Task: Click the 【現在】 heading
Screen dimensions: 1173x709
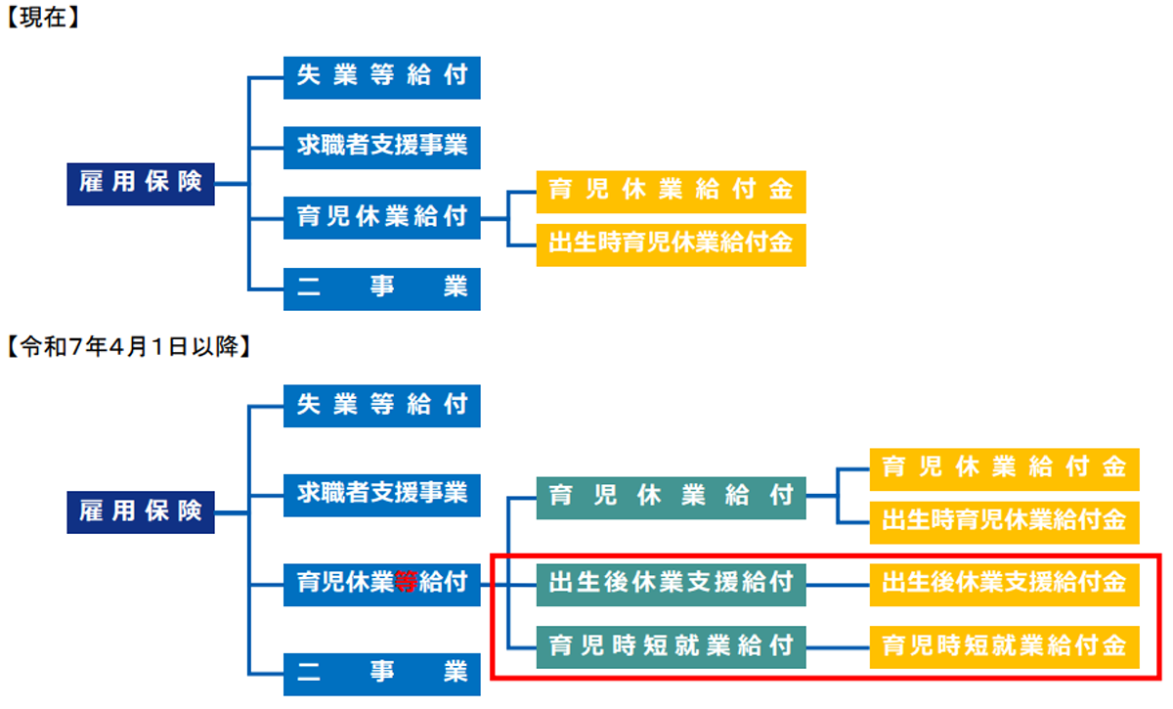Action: pos(43,18)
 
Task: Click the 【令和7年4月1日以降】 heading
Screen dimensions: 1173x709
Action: pos(129,346)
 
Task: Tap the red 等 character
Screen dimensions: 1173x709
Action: pos(406,582)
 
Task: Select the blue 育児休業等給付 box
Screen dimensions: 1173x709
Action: pos(382,585)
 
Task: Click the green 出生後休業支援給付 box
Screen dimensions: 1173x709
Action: pos(671,585)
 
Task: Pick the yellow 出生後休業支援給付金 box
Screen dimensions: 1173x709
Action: pos(1005,585)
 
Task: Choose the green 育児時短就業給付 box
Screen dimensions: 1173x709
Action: pos(671,647)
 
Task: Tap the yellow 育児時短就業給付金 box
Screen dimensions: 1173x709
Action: pos(1005,647)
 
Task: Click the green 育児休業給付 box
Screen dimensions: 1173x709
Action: pos(671,498)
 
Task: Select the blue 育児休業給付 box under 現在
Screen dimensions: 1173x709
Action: pos(382,218)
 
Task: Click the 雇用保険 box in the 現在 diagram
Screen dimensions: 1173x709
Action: pos(141,184)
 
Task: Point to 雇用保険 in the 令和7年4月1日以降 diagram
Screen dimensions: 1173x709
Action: pos(141,512)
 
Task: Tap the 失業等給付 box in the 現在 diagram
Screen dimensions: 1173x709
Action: pos(382,77)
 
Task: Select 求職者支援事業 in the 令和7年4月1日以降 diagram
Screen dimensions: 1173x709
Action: pos(382,495)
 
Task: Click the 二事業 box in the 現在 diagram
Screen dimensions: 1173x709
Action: pos(382,289)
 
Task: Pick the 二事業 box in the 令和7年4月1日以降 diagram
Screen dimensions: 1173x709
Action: pos(382,675)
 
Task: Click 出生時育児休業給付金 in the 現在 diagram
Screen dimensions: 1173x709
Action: pos(671,245)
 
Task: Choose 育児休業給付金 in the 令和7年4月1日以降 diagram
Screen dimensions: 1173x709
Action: pos(1005,469)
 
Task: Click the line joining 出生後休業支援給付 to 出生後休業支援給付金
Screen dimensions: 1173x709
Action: pos(838,585)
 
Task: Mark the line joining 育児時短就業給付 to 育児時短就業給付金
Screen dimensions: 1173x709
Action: pos(838,647)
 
